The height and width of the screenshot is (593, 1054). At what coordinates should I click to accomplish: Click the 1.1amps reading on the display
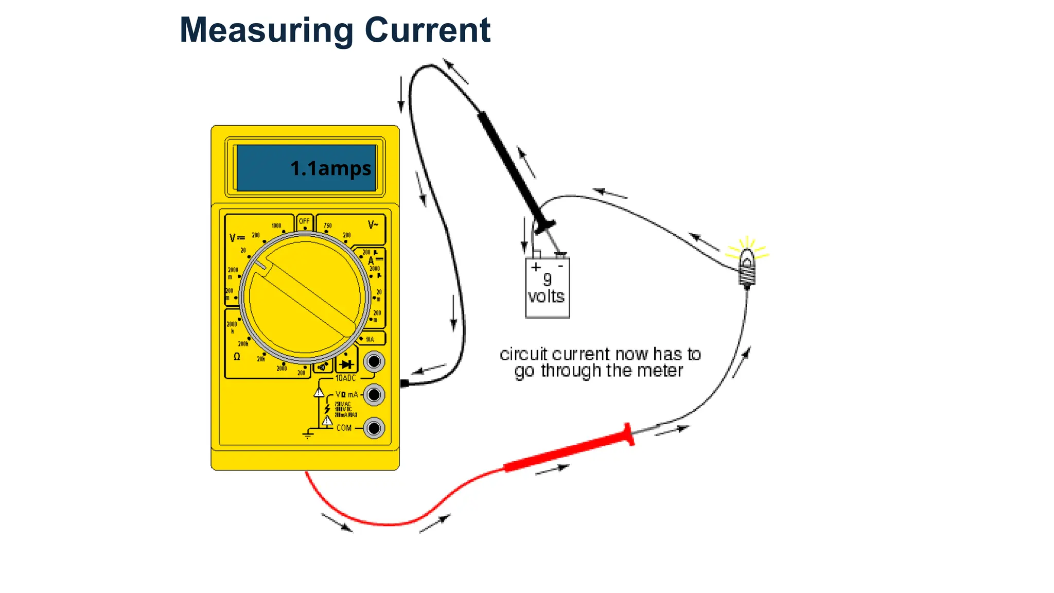330,168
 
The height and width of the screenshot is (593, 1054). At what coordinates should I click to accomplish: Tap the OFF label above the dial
304,221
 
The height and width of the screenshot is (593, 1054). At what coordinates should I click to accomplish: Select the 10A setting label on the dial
370,339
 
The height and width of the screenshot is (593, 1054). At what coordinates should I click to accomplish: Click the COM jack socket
374,428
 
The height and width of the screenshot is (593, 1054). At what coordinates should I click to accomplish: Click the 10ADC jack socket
374,361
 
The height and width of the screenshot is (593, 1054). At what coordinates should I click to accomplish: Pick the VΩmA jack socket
374,395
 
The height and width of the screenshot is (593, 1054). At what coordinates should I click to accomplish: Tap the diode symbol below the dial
346,364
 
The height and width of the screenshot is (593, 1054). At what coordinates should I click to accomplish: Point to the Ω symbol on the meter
237,356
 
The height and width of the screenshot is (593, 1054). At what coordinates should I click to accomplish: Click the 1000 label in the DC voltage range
276,225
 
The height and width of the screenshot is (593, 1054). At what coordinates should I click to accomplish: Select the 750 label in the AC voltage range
328,225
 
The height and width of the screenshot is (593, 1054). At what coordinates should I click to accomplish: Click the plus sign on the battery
536,267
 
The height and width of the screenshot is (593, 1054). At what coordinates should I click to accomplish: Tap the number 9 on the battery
548,280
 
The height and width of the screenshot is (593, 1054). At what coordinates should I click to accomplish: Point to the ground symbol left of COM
308,434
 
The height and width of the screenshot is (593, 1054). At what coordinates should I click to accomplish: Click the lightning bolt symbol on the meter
327,409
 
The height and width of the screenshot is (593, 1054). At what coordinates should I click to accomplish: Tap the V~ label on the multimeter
373,225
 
